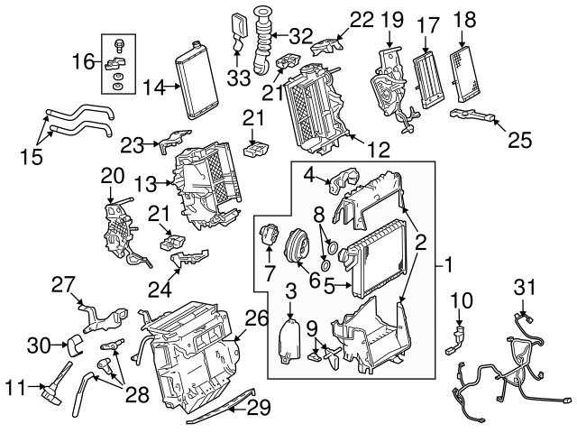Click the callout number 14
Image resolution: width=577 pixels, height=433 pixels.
(x=153, y=88)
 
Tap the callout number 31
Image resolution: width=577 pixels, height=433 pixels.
(x=524, y=286)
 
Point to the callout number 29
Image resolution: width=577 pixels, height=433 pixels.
(x=259, y=408)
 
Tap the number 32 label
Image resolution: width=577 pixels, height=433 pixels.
(x=300, y=36)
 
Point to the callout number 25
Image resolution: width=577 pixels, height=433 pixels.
(x=519, y=140)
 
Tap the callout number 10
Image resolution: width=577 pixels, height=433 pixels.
(x=460, y=297)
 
